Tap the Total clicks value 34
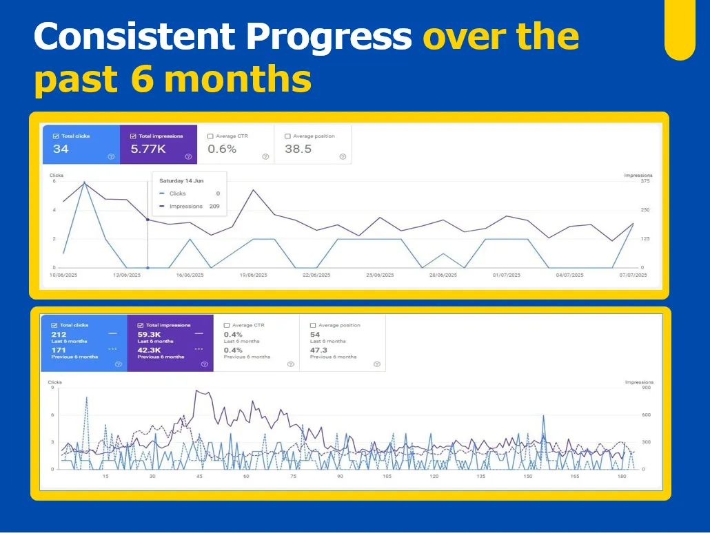(61, 149)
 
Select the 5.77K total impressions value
(148, 149)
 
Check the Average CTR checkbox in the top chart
(210, 136)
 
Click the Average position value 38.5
(298, 149)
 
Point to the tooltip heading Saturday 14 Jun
(181, 180)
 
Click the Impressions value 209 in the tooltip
(214, 206)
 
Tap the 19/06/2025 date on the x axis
(254, 275)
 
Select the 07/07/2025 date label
(632, 275)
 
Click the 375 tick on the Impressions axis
(645, 181)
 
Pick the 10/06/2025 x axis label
(63, 275)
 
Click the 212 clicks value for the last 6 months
(59, 335)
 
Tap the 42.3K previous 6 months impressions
(148, 351)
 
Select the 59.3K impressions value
(148, 335)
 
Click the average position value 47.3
(318, 351)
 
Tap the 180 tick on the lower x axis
(621, 476)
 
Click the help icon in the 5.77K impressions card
(187, 156)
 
